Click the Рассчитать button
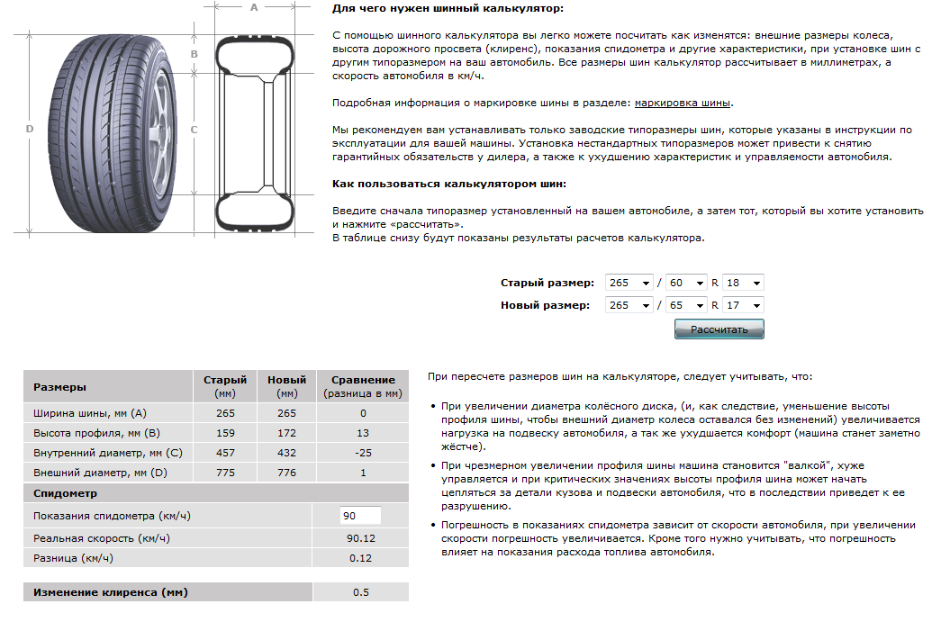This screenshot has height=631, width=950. [x=719, y=329]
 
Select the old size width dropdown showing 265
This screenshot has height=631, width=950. [x=629, y=283]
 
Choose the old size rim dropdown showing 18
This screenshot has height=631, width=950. [x=743, y=283]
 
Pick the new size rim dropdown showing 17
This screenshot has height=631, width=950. [x=743, y=305]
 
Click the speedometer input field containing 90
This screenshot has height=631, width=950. [x=360, y=516]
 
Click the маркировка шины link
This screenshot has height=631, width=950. [x=683, y=103]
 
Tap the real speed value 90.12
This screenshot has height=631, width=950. [x=360, y=538]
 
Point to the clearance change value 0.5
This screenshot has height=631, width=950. [x=360, y=592]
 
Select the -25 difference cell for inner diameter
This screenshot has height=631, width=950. [x=363, y=453]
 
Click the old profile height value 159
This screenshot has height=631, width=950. [x=225, y=433]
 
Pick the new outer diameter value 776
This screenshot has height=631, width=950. [x=287, y=473]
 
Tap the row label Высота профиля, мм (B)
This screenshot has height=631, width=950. [x=88, y=433]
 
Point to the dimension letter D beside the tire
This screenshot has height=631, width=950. [x=30, y=129]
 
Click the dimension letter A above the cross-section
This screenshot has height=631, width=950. [x=254, y=8]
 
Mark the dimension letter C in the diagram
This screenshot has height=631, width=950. [x=194, y=129]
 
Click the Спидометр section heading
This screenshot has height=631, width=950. [x=65, y=493]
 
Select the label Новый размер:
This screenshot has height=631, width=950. [x=545, y=305]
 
